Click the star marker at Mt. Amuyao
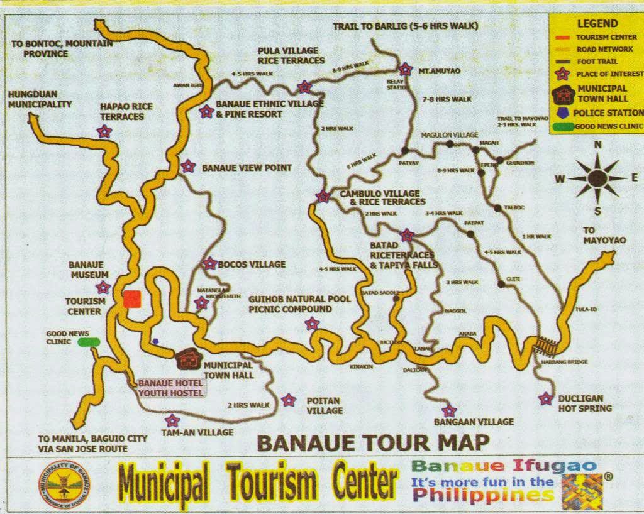pos(405,69)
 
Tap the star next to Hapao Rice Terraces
pos(104,131)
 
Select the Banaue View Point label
pos(247,168)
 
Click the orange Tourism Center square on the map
pos(131,299)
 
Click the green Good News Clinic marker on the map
pos(89,342)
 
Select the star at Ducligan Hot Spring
pos(546,398)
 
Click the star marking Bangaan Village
pos(448,412)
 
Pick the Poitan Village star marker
pos(289,400)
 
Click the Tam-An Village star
pos(172,421)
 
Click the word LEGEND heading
pos(597,23)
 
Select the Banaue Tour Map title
pos(373,442)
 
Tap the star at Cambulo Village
pos(323,196)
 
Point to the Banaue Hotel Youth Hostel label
pos(171,388)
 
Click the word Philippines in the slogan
pos(482,495)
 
